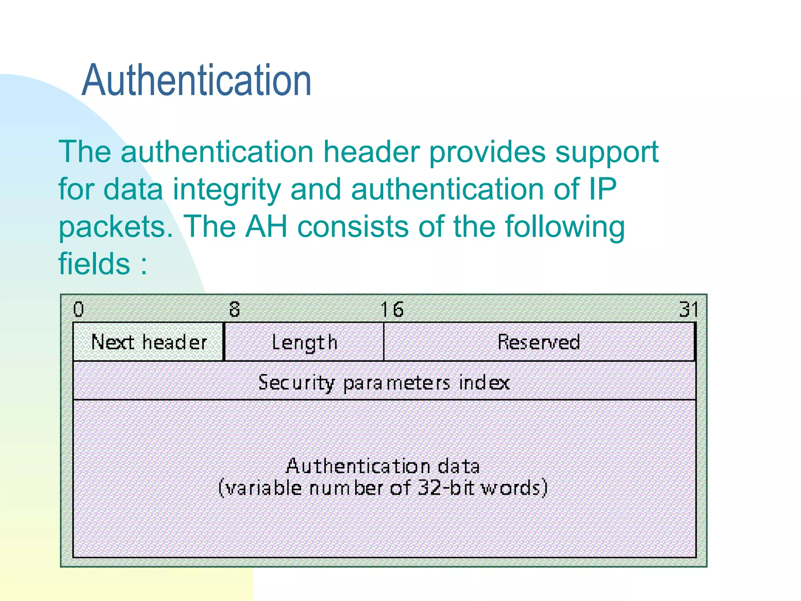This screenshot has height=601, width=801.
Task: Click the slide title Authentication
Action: click(196, 80)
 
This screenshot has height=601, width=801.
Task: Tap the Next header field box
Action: click(148, 342)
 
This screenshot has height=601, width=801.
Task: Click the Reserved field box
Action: click(539, 342)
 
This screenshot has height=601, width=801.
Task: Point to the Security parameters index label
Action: click(384, 382)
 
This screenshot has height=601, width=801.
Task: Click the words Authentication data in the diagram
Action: click(383, 466)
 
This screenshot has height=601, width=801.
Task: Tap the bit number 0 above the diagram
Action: click(79, 309)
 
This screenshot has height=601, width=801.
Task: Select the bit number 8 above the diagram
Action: click(234, 309)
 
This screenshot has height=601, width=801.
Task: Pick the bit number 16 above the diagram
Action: click(392, 309)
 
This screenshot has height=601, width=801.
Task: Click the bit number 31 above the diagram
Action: click(689, 309)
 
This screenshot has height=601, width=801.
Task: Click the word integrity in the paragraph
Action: click(227, 190)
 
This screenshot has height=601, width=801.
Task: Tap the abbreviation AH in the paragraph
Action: click(266, 227)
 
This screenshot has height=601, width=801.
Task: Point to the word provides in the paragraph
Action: click(487, 152)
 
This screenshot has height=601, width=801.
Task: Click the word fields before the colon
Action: click(94, 263)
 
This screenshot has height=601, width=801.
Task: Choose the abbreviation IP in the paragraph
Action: click(601, 189)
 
